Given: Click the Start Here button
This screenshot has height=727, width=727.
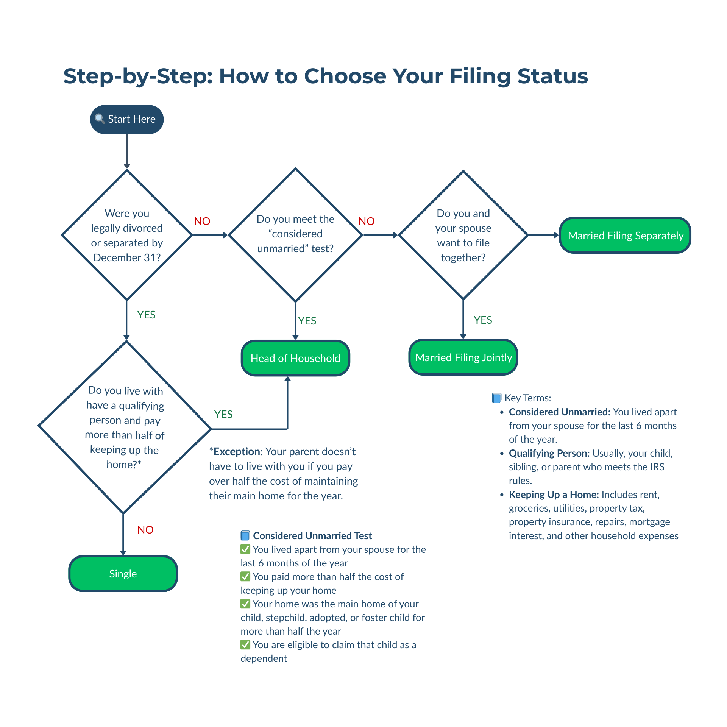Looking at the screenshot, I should pos(127,119).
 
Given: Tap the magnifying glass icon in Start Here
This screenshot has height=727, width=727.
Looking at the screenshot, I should pos(100,119).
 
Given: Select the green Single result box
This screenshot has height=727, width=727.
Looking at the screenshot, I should pos(123,574).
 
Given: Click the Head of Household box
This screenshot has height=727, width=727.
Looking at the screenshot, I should pos(295,358).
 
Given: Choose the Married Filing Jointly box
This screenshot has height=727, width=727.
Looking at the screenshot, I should pos(463,357).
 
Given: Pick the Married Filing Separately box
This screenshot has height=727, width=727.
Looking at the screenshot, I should pos(625,236).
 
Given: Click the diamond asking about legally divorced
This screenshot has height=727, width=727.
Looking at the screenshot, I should pos(127,235).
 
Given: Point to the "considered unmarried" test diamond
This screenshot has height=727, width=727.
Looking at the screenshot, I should pos(295,235).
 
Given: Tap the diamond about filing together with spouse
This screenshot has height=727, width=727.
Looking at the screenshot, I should pos(463,235).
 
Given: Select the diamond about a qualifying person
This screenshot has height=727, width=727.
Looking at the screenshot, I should pos(125,427).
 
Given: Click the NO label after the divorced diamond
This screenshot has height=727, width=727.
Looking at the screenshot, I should pos(202,221).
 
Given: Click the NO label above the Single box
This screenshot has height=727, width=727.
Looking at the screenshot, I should pos(145,530).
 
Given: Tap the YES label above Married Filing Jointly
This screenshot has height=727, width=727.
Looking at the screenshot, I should pos(483,320).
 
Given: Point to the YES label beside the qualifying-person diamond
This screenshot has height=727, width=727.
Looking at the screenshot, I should pos(223,414).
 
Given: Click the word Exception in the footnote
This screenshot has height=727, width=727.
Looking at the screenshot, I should pos(238,452).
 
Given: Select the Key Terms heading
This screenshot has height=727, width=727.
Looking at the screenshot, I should pos(527,398).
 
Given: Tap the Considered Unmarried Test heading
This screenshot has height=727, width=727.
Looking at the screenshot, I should pos(312,536).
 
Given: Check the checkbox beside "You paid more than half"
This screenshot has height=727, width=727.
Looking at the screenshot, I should pos(245,576).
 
